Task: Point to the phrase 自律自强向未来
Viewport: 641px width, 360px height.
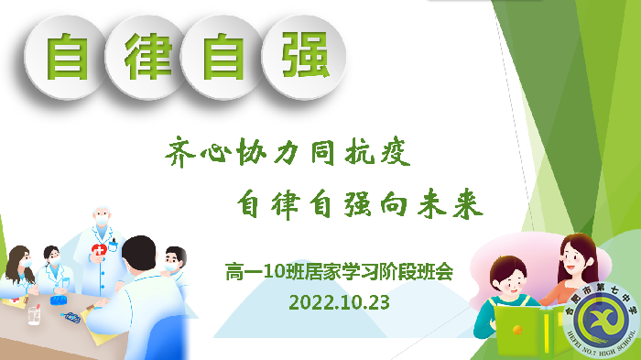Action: point(358,203)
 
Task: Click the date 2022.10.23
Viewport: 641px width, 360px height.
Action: point(339,300)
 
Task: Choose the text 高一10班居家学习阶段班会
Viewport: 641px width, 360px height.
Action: point(339,271)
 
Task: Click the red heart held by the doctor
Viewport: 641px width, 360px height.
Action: point(97,251)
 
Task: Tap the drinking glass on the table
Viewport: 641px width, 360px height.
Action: point(34,313)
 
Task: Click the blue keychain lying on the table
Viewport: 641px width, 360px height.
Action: point(71,317)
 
